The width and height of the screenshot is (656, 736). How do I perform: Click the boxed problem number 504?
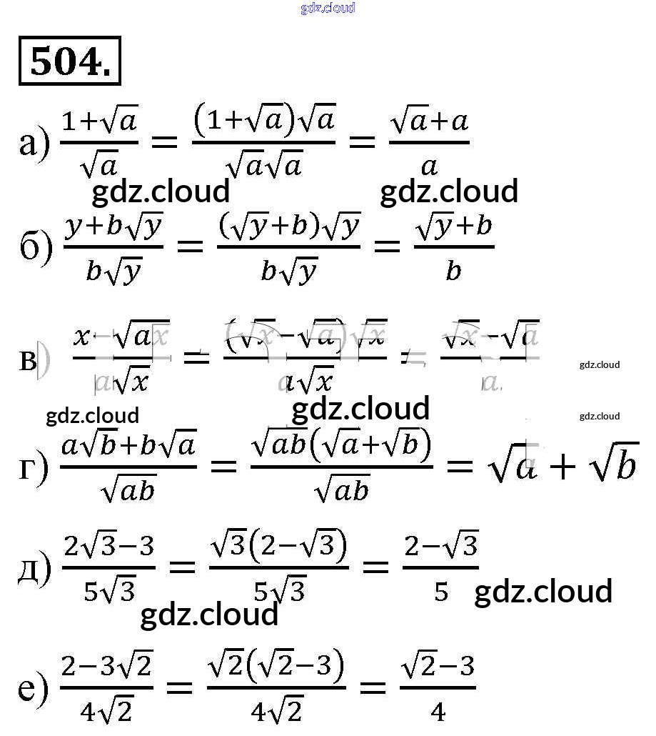point(69,61)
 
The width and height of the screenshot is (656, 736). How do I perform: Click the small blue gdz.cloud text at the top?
point(328,9)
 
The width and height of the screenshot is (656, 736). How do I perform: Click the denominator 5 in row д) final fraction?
point(441,592)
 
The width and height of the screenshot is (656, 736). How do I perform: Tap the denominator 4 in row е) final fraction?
point(438,711)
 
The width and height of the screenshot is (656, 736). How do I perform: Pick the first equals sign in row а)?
point(164,141)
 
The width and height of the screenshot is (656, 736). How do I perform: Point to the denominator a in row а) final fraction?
point(428,166)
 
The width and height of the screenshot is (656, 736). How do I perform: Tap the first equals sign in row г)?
point(223,467)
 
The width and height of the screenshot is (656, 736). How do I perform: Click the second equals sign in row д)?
point(375,568)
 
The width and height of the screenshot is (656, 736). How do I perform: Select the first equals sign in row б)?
point(190,247)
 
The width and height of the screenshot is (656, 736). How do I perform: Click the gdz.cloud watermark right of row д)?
point(543,592)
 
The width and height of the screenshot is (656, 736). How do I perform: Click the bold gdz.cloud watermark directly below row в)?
point(360,409)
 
